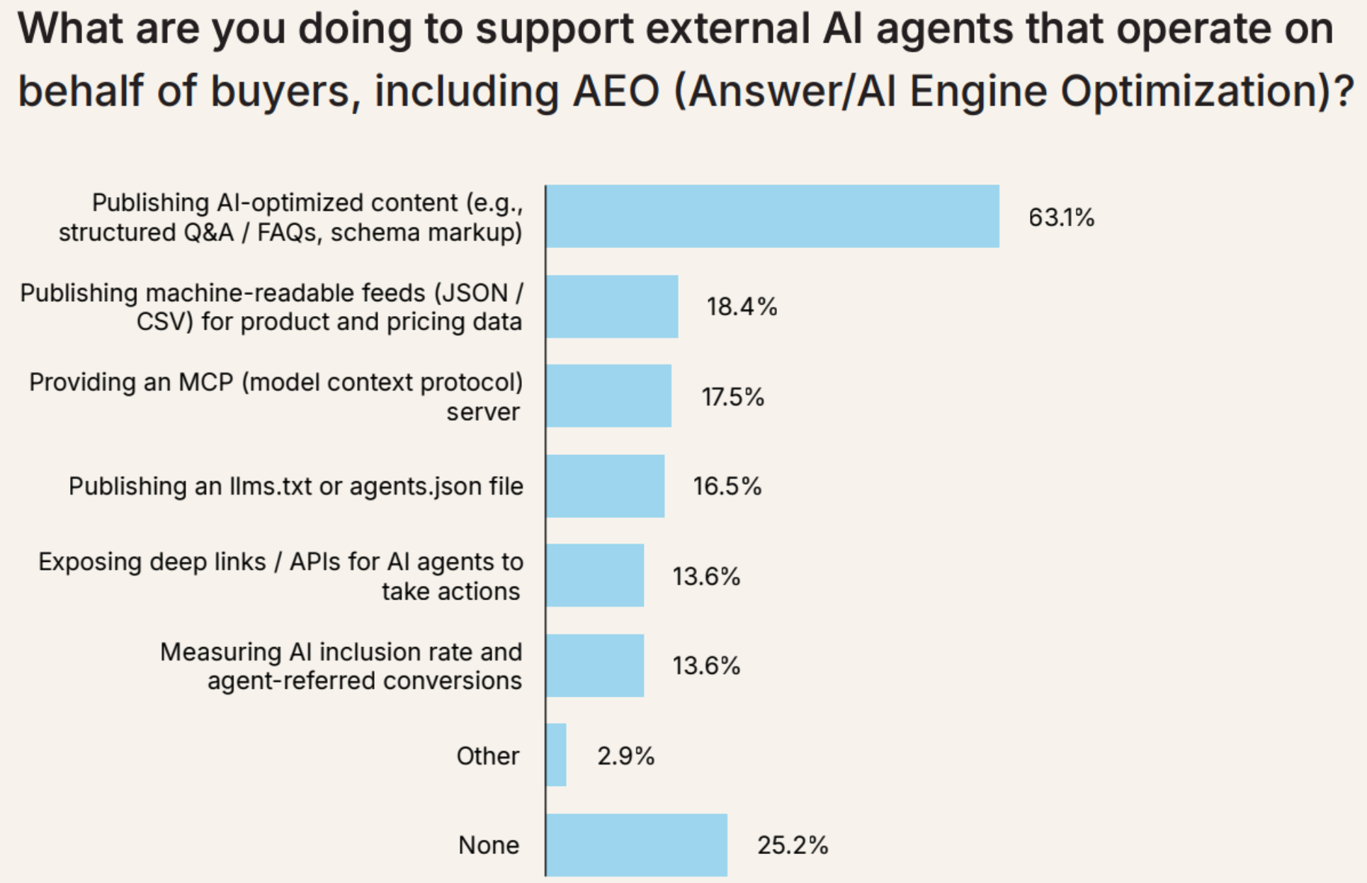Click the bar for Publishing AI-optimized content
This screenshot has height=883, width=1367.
coord(772,216)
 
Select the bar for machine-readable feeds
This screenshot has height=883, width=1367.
coord(612,306)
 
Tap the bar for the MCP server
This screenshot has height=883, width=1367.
coord(608,395)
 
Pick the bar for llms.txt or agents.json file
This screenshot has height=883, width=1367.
coord(605,485)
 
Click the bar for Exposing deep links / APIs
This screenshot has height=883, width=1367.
coord(595,575)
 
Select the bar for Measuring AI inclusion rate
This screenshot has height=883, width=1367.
coord(595,665)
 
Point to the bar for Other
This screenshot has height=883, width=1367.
coord(556,755)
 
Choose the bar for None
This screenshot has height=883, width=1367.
coord(636,844)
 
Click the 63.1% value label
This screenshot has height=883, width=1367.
coord(1061,218)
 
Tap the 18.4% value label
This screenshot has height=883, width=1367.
coord(742,307)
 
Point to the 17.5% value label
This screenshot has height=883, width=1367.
coord(732,397)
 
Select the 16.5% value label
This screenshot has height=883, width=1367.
coord(727,486)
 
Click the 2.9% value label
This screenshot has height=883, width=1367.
coord(625,756)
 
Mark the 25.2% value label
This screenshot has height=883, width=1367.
coord(793,845)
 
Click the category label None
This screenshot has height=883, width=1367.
coord(489,845)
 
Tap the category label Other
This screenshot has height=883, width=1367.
coord(487,756)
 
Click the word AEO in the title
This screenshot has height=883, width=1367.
coord(616,91)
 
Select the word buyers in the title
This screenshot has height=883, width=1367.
coord(280,92)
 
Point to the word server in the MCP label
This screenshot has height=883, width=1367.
coord(483,412)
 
